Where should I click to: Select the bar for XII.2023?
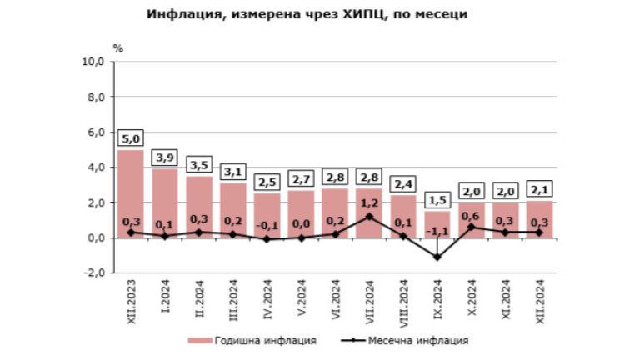click(131, 192)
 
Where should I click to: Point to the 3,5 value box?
click(199, 165)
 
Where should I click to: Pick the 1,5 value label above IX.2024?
click(437, 200)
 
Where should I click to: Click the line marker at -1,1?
click(437, 257)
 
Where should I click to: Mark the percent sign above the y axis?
click(118, 47)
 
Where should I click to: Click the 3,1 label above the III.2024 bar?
click(233, 172)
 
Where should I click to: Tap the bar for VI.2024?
click(335, 212)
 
